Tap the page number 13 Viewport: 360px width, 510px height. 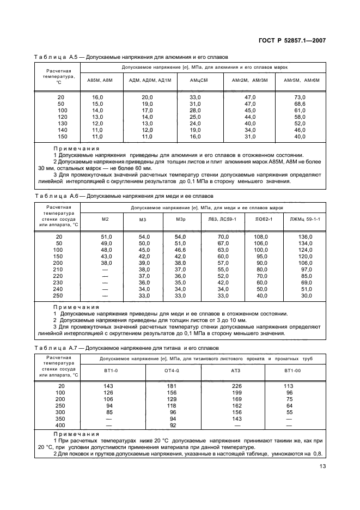pos(321,466)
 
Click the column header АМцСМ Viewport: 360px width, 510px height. pos(196,80)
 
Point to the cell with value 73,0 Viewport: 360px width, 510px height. pos(300,96)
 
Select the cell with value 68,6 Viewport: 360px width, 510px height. pos(300,104)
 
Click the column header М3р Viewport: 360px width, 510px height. pos(181,219)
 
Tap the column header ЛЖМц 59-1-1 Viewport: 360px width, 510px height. pos(306,219)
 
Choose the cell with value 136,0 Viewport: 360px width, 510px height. pos(306,236)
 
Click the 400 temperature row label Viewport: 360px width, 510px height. pos(60,425)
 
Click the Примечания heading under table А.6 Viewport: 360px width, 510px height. pos(76,307)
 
